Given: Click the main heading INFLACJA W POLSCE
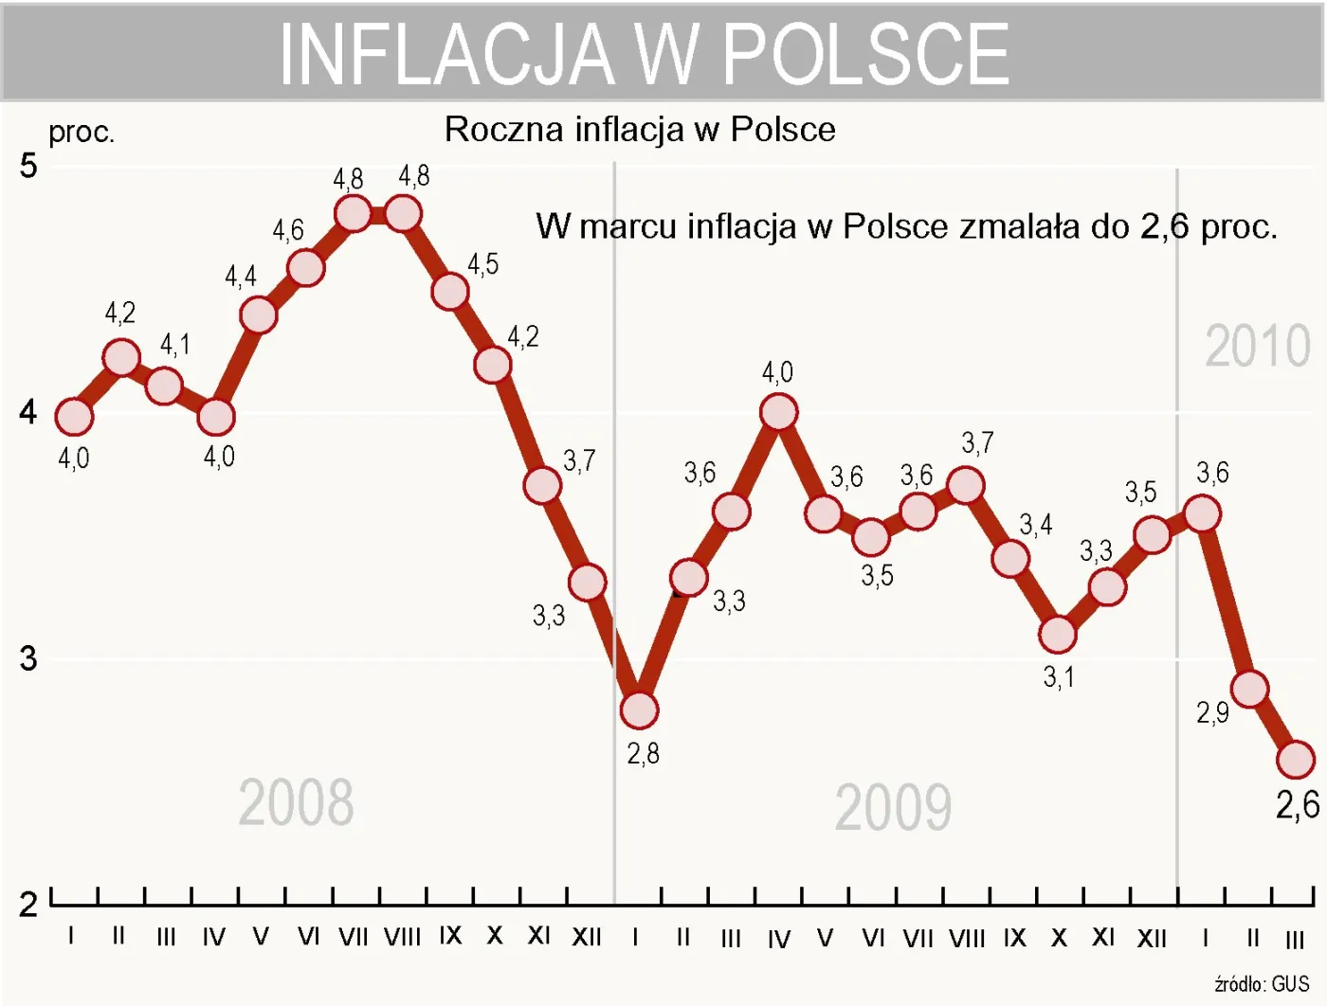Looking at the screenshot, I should (645, 54).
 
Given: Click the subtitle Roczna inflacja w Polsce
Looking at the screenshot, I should (640, 130).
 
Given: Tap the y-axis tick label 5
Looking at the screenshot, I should (28, 166).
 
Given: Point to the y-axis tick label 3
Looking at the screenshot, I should (28, 658).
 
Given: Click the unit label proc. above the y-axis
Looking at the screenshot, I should (82, 133).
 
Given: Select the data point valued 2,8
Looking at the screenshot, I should (639, 710).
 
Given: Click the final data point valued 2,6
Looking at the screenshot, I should (1296, 759).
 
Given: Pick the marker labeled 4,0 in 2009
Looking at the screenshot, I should (778, 412).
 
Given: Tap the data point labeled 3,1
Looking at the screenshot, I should (1057, 634).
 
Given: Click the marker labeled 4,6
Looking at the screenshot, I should (305, 268).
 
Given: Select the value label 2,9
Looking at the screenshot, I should (1212, 712).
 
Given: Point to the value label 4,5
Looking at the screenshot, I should (482, 264).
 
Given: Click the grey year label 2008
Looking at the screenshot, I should (296, 803).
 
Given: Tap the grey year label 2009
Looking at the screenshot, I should (893, 808).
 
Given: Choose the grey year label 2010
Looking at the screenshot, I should (1257, 346).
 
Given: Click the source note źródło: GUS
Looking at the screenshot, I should (1262, 984).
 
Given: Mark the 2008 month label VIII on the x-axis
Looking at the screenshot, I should (402, 938).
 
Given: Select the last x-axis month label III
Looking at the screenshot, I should (1295, 940).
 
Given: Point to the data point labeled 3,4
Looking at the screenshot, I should (1010, 558).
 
